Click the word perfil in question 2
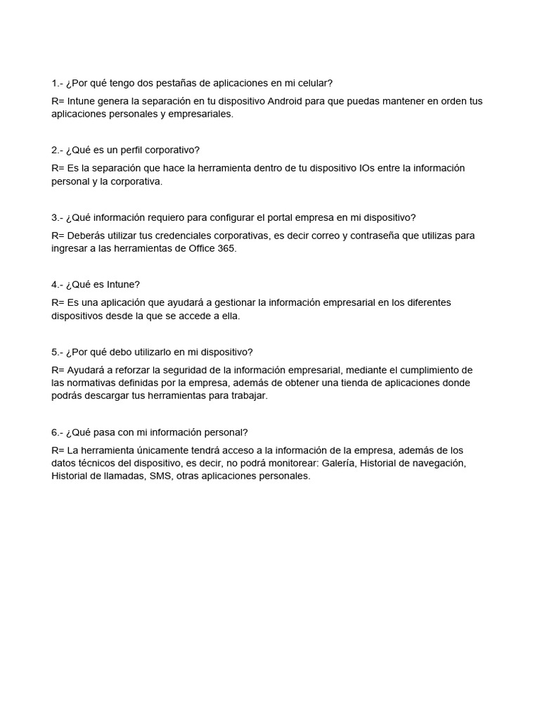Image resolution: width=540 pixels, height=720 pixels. click(x=130, y=150)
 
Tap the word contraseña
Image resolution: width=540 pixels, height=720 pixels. click(x=378, y=236)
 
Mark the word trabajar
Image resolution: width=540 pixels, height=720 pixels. click(x=246, y=396)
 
